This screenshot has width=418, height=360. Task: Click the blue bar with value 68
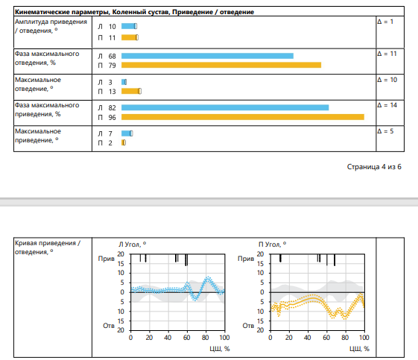click(207, 56)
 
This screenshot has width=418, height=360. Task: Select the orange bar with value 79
click(221, 65)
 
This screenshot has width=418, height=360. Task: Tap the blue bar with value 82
click(225, 107)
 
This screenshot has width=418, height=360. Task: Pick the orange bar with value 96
click(243, 117)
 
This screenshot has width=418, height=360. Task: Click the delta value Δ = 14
click(387, 105)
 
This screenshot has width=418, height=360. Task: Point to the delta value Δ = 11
click(387, 54)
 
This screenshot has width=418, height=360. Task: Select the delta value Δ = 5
click(385, 131)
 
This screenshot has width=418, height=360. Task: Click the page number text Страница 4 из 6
click(374, 167)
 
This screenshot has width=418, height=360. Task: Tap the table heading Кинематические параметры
click(62, 12)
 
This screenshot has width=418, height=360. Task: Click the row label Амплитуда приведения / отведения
click(51, 26)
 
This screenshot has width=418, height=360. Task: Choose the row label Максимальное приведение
click(38, 136)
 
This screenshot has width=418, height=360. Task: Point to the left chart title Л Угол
click(132, 244)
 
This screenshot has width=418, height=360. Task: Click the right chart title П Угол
click(272, 244)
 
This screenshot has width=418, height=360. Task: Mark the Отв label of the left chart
click(109, 326)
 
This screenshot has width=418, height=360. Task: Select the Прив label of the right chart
click(246, 259)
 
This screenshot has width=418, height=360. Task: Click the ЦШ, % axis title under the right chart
click(359, 349)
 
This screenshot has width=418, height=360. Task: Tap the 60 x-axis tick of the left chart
click(186, 338)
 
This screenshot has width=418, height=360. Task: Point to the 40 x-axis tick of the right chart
click(308, 338)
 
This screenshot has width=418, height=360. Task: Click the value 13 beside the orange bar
click(113, 92)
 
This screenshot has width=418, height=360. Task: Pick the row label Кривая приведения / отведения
click(48, 247)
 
